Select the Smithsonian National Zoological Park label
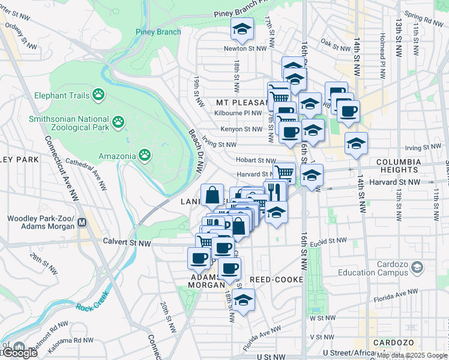coord(69,123)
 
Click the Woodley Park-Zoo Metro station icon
coord(83,223)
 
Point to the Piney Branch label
coord(158,32)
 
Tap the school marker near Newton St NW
coord(242,29)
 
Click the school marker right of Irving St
coord(356,144)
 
